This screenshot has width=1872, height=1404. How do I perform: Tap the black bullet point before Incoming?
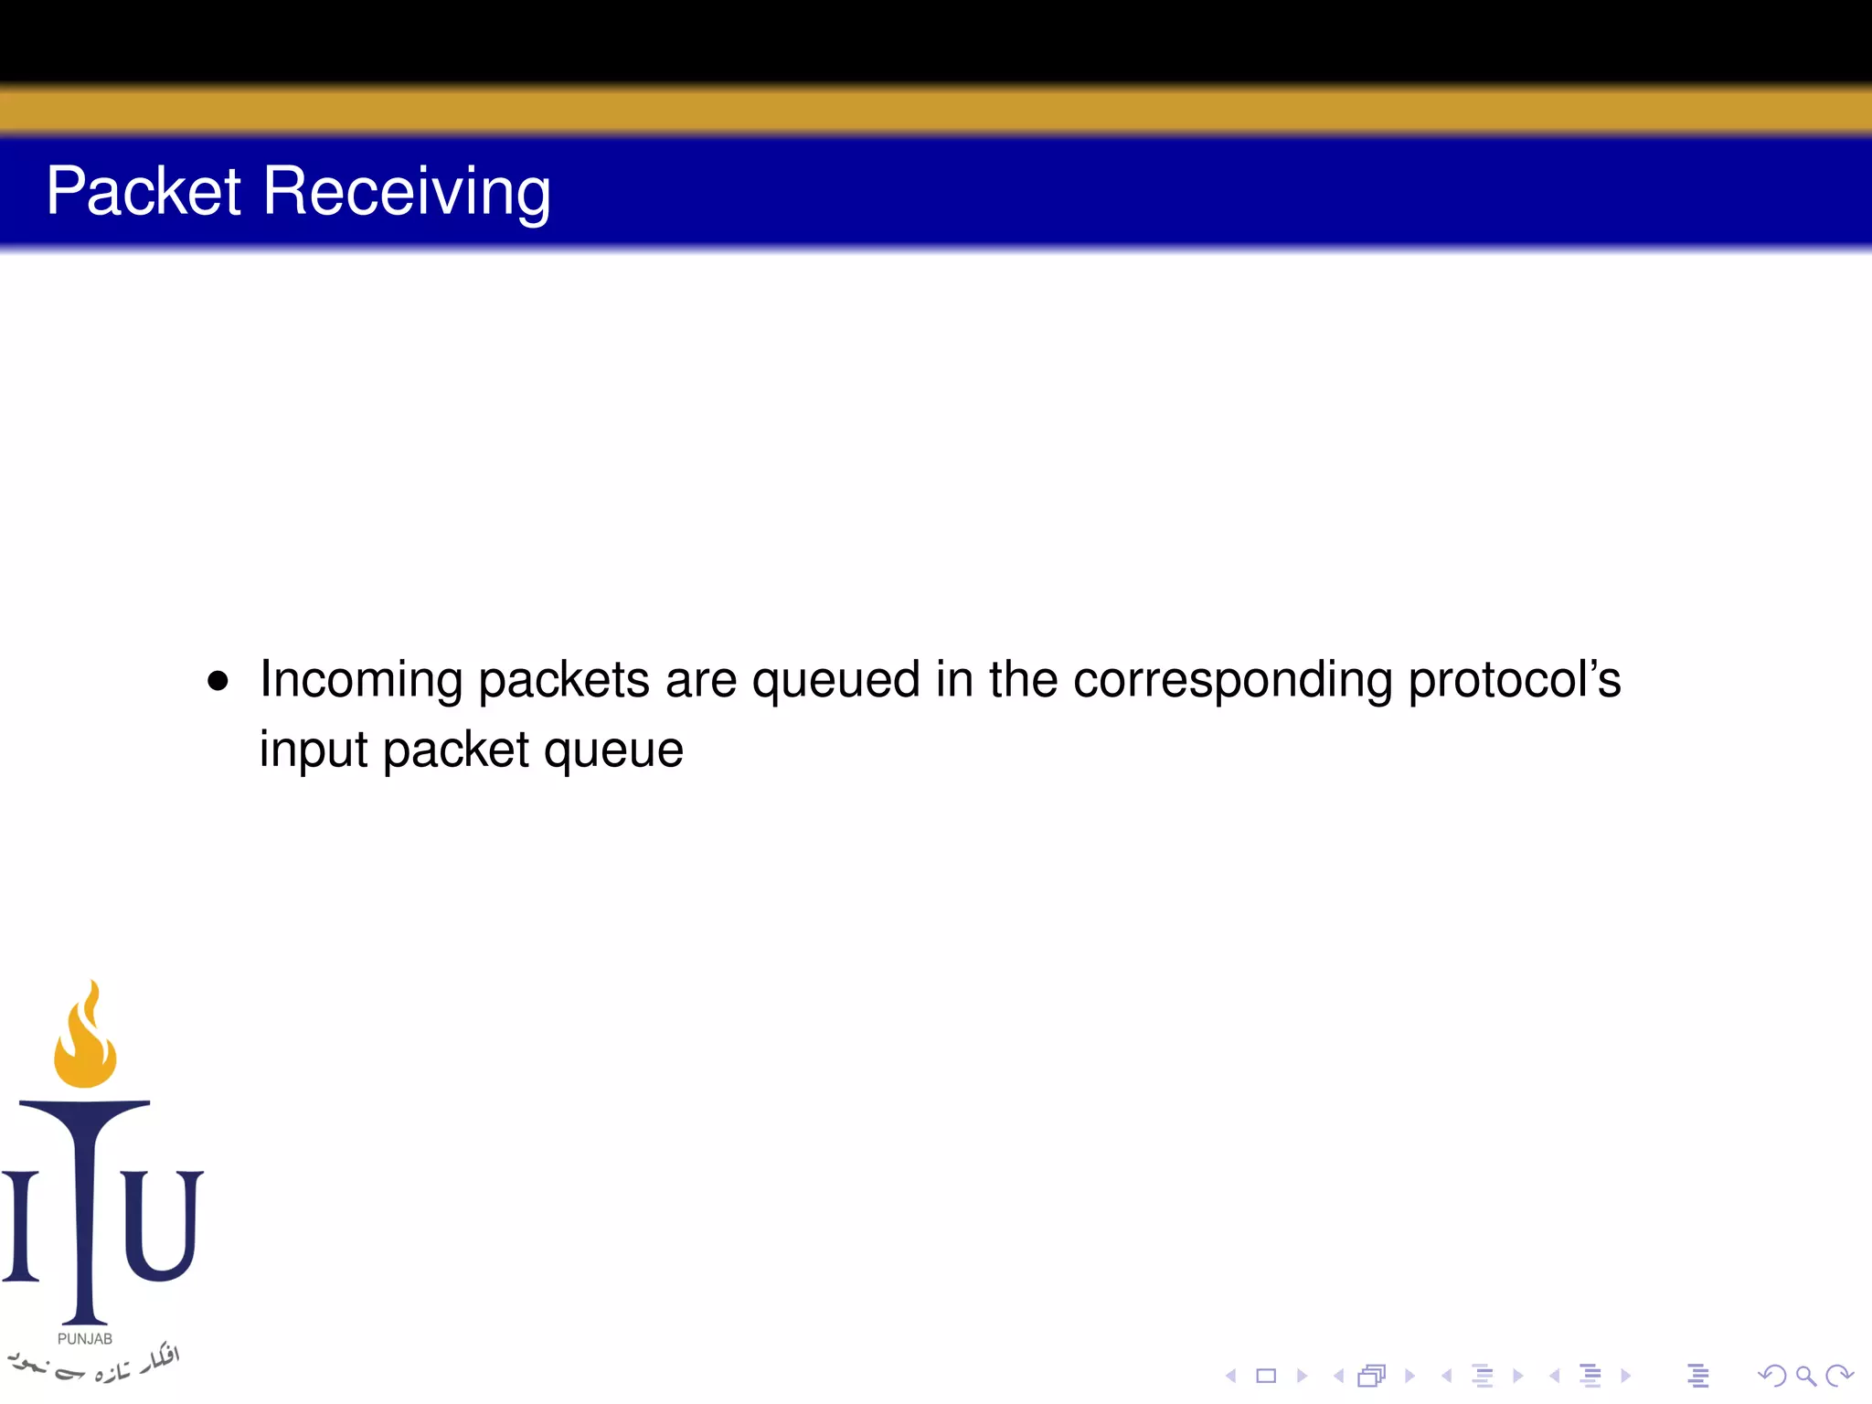[218, 681]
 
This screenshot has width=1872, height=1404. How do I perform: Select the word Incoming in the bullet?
[361, 681]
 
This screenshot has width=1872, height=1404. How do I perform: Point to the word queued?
[835, 682]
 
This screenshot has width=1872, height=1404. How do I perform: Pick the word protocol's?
[1515, 681]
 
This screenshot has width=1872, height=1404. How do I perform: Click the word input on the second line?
[314, 751]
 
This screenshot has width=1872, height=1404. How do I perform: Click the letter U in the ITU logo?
[163, 1225]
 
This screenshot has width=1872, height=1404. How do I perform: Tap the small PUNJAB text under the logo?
[85, 1339]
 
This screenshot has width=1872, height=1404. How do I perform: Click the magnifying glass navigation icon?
[1805, 1376]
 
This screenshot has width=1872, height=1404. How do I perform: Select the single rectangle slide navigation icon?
[1266, 1376]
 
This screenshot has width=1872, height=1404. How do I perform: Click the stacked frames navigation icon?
[1372, 1376]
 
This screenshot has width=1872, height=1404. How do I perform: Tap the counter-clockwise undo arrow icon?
[1771, 1376]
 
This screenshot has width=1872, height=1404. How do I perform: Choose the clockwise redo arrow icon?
[1838, 1376]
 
